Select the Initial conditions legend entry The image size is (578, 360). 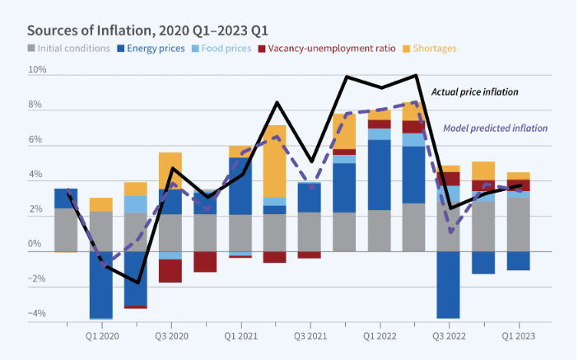(69, 49)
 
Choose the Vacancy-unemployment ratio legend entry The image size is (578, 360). (332, 49)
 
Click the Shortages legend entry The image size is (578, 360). (432, 49)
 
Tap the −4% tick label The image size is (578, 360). (36, 314)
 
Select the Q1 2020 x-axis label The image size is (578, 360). (101, 337)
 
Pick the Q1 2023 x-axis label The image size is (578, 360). (518, 337)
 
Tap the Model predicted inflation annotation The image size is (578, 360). (496, 128)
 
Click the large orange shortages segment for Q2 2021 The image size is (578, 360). (275, 161)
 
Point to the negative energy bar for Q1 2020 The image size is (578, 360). (101, 284)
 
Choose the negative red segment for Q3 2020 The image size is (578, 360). (170, 271)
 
